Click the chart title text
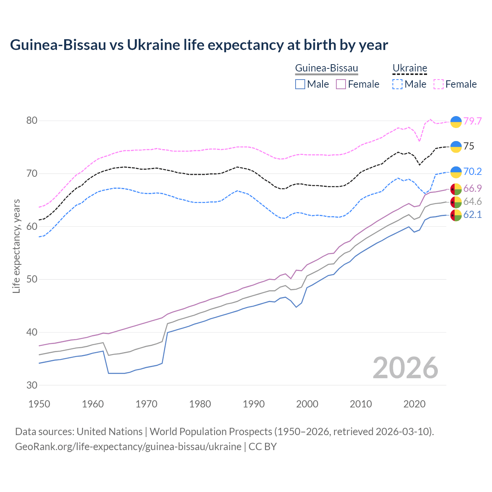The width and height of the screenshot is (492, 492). pyautogui.click(x=199, y=45)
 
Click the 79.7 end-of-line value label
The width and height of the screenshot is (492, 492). pyautogui.click(x=472, y=121)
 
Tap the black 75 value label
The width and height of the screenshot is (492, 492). pyautogui.click(x=469, y=146)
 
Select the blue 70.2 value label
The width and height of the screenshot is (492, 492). pyautogui.click(x=472, y=171)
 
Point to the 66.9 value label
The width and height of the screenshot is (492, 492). pyautogui.click(x=472, y=188)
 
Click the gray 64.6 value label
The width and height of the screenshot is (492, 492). pyautogui.click(x=472, y=202)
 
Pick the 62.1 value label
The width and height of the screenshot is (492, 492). pyautogui.click(x=472, y=214)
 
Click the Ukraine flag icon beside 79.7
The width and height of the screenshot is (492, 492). pyautogui.click(x=456, y=121)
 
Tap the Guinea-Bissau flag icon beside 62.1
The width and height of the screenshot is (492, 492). pyautogui.click(x=456, y=215)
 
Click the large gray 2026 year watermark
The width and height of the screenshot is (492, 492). pyautogui.click(x=405, y=368)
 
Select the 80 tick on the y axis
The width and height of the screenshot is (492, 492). pyautogui.click(x=32, y=121)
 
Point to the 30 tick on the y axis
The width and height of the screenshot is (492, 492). pyautogui.click(x=32, y=385)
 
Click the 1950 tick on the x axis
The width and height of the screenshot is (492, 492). pyautogui.click(x=39, y=404)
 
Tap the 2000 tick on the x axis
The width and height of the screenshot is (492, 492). pyautogui.click(x=307, y=404)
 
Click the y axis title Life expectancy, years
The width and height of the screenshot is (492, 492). pyautogui.click(x=17, y=246)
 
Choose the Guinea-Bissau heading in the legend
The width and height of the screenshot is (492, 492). pyautogui.click(x=326, y=68)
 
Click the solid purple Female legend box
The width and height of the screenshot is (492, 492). pyautogui.click(x=341, y=84)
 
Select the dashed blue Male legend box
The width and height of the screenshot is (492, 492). pyautogui.click(x=397, y=84)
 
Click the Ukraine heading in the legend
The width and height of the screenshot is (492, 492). pyautogui.click(x=410, y=68)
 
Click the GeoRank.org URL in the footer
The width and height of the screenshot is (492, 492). pyautogui.click(x=128, y=447)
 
